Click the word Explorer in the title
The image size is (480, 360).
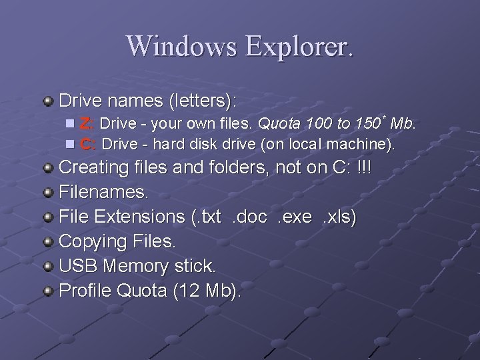[x=299, y=45]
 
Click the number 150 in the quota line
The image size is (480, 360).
[x=367, y=123]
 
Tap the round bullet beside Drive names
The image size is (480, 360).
[x=48, y=101]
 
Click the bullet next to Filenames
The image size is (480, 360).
[x=48, y=193]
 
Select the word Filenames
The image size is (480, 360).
[x=103, y=192]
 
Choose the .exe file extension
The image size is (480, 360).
[x=295, y=217]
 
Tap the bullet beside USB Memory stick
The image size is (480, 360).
[x=48, y=267]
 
